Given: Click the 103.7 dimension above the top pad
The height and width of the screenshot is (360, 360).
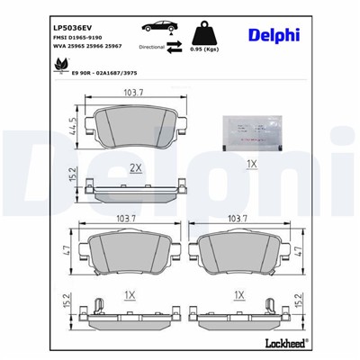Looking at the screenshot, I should (x=136, y=94).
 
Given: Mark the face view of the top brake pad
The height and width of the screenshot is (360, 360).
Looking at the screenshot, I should (x=136, y=132).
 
